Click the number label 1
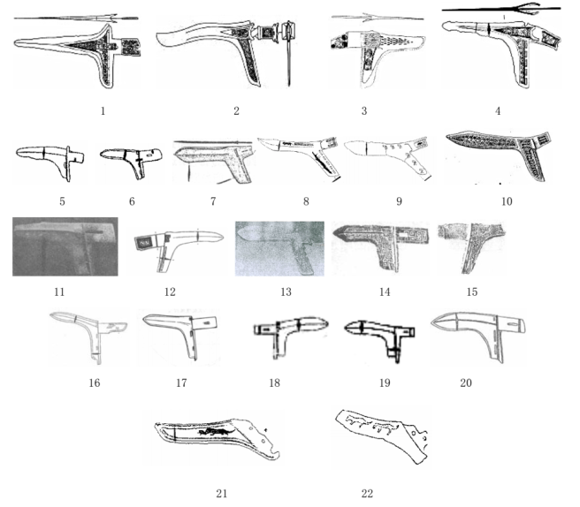103,111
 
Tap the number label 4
498,111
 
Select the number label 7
213,201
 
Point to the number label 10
507,201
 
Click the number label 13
286,292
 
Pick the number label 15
472,292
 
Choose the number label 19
385,382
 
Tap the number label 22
367,494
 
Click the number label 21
221,494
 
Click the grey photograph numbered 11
65,246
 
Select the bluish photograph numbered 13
279,249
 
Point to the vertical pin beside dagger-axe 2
288,56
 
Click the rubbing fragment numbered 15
470,246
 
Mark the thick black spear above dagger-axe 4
501,9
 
